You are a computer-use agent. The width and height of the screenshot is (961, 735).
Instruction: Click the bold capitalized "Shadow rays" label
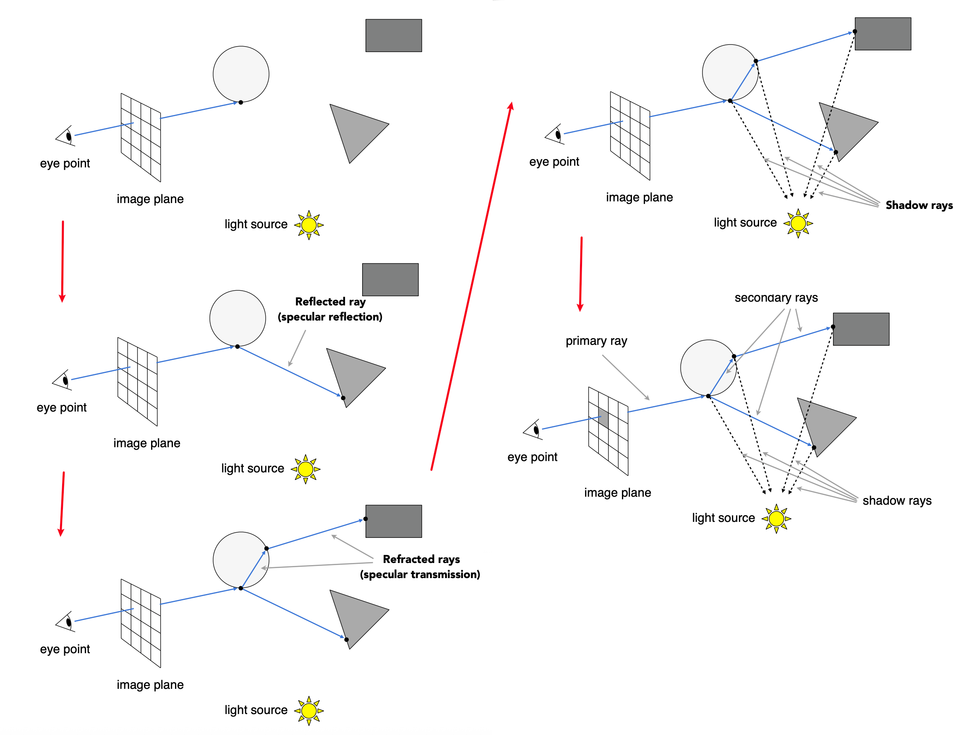pyautogui.click(x=919, y=205)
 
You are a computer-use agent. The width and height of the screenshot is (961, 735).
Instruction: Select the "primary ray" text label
pyautogui.click(x=596, y=341)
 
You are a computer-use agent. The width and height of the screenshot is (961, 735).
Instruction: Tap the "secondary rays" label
pyautogui.click(x=776, y=297)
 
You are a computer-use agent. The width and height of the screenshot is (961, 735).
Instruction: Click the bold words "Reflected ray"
pyautogui.click(x=330, y=302)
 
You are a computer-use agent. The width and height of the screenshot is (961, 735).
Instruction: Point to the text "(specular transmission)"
pyautogui.click(x=420, y=574)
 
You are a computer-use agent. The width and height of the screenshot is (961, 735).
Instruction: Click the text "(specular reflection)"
pyautogui.click(x=330, y=317)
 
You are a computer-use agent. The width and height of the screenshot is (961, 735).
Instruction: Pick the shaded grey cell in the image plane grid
pyautogui.click(x=603, y=419)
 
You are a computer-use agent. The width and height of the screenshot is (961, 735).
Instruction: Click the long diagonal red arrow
pyautogui.click(x=471, y=287)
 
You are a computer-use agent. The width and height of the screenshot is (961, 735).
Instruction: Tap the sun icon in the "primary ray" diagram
pyautogui.click(x=776, y=519)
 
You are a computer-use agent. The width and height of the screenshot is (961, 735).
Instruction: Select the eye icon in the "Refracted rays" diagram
pyautogui.click(x=65, y=621)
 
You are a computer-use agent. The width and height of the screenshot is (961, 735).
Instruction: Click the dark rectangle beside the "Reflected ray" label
pyautogui.click(x=390, y=279)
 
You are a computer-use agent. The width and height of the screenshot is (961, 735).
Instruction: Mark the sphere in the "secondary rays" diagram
pyautogui.click(x=708, y=367)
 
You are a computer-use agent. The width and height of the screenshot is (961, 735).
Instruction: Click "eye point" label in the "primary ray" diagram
pyautogui.click(x=532, y=457)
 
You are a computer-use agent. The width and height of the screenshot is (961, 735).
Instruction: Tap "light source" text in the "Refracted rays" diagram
pyautogui.click(x=256, y=710)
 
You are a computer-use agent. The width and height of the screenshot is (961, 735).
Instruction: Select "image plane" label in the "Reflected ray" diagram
pyautogui.click(x=146, y=443)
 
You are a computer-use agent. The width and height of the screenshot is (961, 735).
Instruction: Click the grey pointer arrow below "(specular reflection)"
pyautogui.click(x=297, y=348)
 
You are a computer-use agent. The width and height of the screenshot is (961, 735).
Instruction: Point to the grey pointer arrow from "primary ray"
pyautogui.click(x=625, y=377)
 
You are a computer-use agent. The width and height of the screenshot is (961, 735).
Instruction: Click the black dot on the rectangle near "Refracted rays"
pyautogui.click(x=366, y=519)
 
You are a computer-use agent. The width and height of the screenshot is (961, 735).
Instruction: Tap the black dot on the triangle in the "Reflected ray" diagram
pyautogui.click(x=343, y=398)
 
